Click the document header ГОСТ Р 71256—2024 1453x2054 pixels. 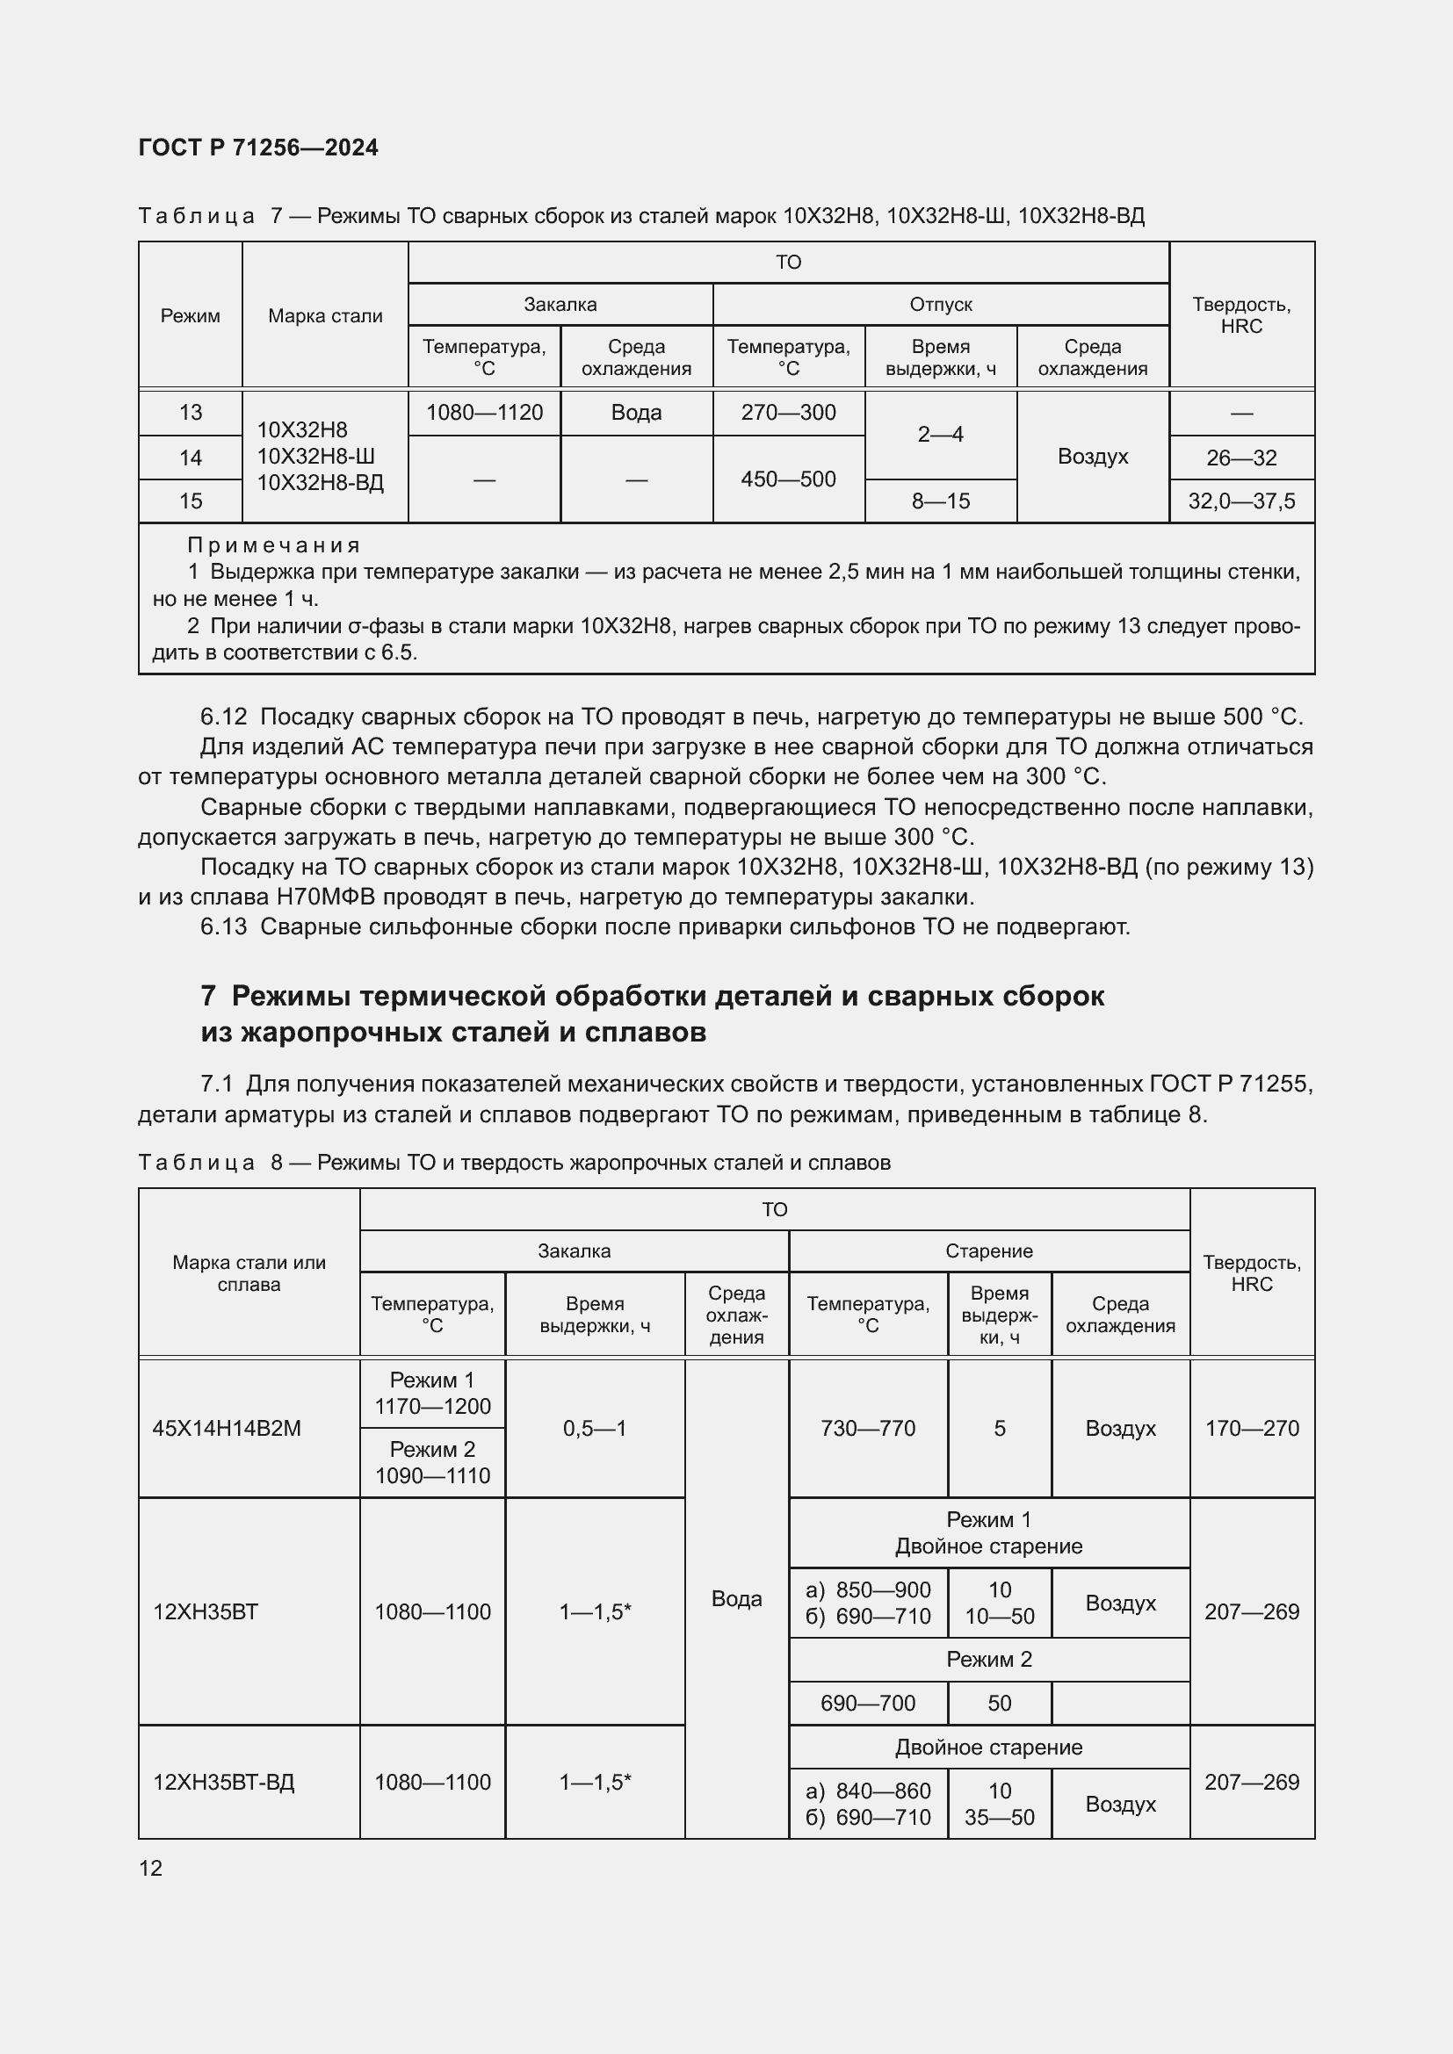[x=257, y=148]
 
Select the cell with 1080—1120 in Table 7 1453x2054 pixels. [x=484, y=413]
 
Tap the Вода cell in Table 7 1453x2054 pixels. [x=636, y=413]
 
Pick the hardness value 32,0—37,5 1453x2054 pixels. [x=1241, y=501]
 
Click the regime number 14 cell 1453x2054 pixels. [x=191, y=458]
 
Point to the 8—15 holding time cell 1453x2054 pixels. [x=940, y=501]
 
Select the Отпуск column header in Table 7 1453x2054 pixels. [x=940, y=304]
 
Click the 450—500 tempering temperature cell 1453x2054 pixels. [x=788, y=479]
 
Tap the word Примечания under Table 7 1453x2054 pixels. [x=274, y=544]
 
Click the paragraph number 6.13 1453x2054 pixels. [x=223, y=926]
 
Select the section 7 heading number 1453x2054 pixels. [x=207, y=996]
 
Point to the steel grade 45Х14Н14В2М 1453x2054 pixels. [x=227, y=1429]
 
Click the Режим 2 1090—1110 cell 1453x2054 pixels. [x=432, y=1463]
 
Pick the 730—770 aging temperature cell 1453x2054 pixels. [x=868, y=1429]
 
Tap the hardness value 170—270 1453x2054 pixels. [x=1252, y=1429]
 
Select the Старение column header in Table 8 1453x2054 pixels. [x=988, y=1250]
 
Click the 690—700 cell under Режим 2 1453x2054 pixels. [x=868, y=1704]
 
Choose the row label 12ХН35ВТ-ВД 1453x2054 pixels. [x=224, y=1782]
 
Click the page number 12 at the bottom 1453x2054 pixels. [x=151, y=1868]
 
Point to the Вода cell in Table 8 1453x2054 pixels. [x=736, y=1598]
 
